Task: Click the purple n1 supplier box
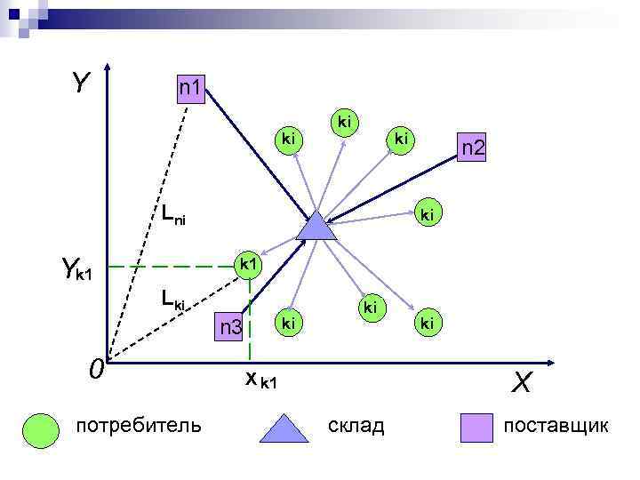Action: pyautogui.click(x=191, y=89)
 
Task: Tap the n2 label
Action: pyautogui.click(x=471, y=148)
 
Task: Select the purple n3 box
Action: pyautogui.click(x=231, y=328)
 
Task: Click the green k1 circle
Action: pyautogui.click(x=249, y=265)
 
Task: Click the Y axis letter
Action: pyautogui.click(x=81, y=84)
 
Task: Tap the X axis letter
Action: pyautogui.click(x=521, y=382)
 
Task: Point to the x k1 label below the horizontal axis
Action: pyautogui.click(x=261, y=380)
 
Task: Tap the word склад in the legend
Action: pyautogui.click(x=356, y=427)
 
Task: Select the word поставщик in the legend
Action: pyautogui.click(x=556, y=427)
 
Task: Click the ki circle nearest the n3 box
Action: pyautogui.click(x=288, y=323)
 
